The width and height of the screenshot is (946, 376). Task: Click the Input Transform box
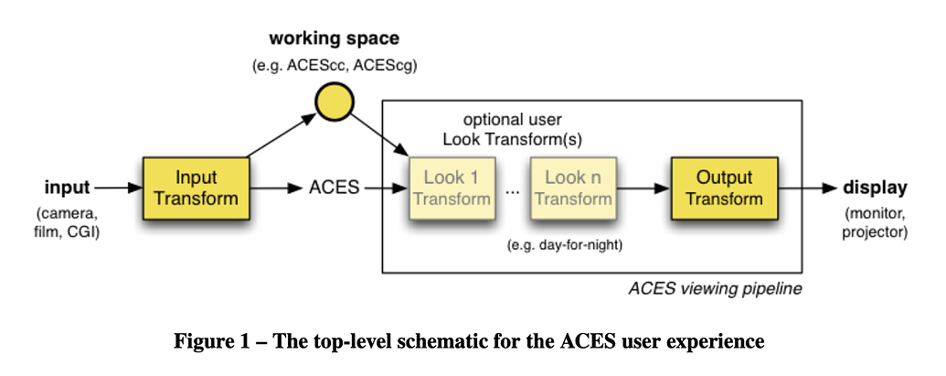tap(196, 188)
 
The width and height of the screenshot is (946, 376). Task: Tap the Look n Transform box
tap(572, 188)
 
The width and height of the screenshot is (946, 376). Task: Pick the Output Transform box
tap(723, 188)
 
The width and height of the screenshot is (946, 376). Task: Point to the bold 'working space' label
tap(334, 39)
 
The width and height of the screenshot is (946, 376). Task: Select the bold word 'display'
tap(876, 188)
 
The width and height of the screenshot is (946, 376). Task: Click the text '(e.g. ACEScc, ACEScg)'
tap(334, 66)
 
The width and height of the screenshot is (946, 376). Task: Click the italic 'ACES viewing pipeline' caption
tap(715, 288)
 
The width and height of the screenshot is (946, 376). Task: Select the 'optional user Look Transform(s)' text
tap(512, 129)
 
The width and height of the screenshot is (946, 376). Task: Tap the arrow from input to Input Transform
tap(116, 188)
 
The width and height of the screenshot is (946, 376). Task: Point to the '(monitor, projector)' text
tap(876, 223)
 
